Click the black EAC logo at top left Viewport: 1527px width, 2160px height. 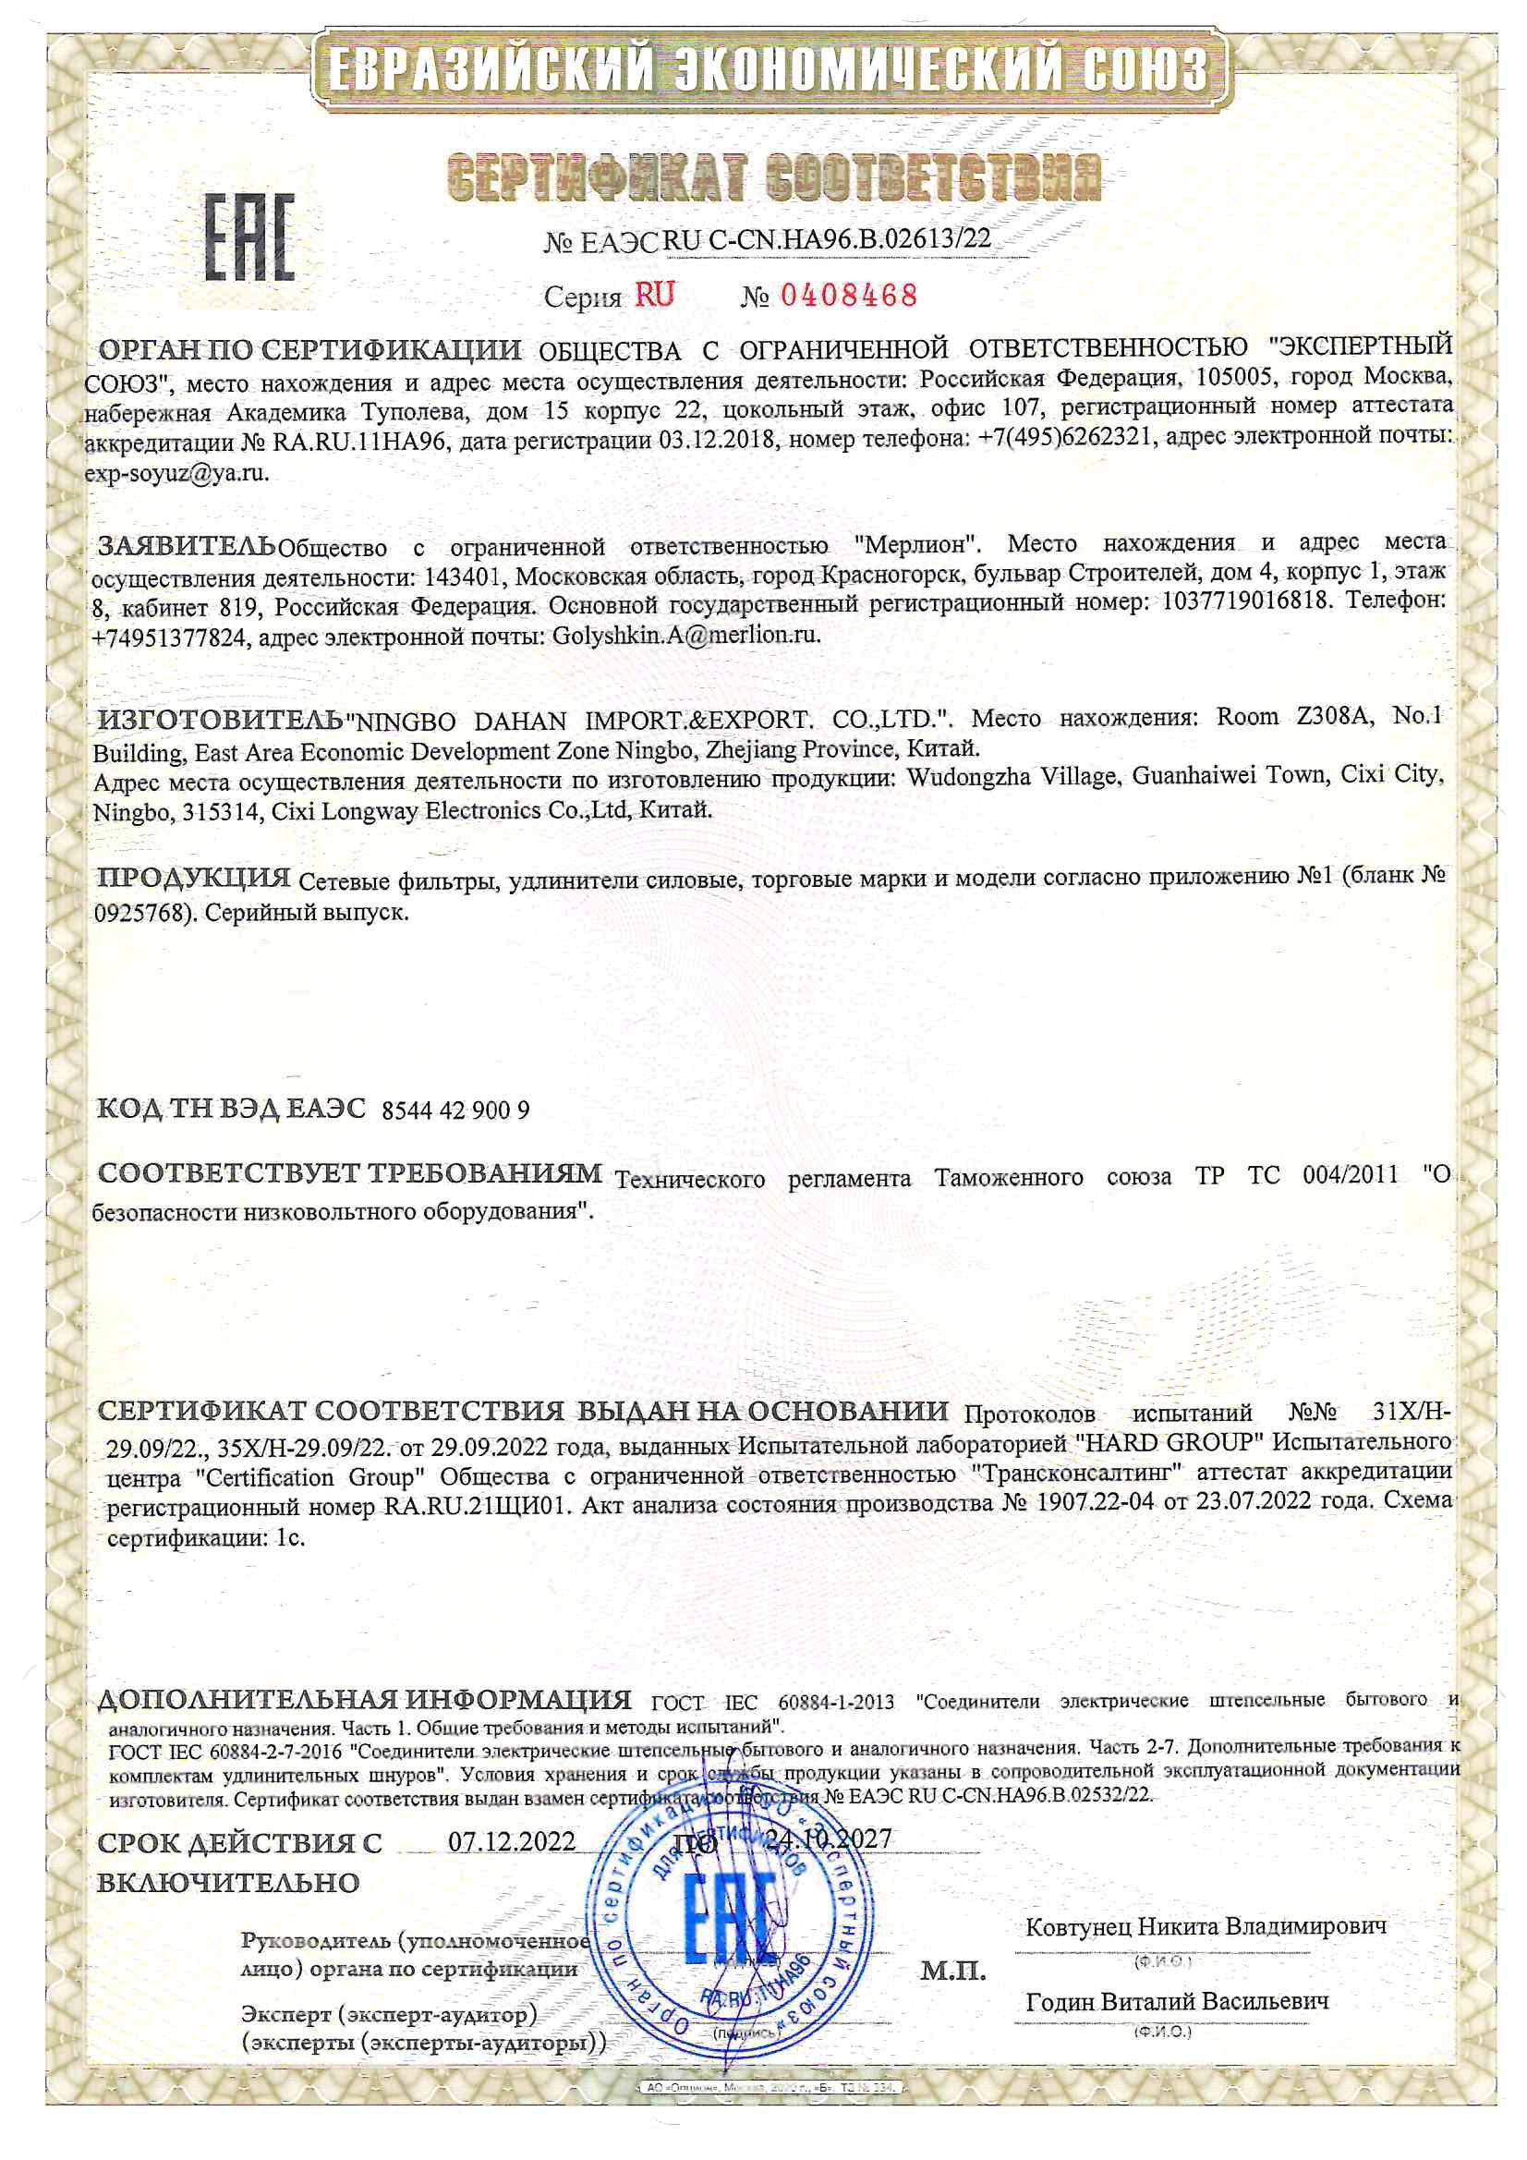(249, 238)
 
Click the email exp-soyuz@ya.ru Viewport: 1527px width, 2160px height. (176, 473)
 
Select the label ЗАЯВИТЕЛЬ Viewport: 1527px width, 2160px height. (188, 546)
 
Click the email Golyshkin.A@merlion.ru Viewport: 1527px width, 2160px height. (686, 635)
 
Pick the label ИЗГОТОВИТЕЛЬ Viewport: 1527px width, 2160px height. (220, 722)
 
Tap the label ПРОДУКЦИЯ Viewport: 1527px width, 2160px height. (195, 879)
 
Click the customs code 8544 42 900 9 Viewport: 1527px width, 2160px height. (455, 1111)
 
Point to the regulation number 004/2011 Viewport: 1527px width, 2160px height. (1351, 1176)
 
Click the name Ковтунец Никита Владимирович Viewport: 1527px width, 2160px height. (1206, 1925)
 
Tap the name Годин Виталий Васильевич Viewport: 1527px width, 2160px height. (1177, 2001)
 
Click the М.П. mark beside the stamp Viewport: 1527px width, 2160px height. (952, 1970)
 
